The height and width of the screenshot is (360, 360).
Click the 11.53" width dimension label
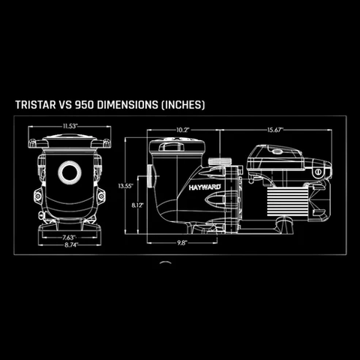[70, 126]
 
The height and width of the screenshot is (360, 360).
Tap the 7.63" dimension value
[69, 237]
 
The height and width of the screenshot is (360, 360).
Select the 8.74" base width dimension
[71, 244]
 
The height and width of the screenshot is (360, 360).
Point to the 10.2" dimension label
[183, 130]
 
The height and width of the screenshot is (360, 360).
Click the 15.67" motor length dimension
[275, 130]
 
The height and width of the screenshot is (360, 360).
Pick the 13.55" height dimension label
[126, 186]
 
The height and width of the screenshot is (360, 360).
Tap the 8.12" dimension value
[138, 205]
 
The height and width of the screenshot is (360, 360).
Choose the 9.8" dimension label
[182, 243]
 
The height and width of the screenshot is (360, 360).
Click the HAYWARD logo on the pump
[205, 187]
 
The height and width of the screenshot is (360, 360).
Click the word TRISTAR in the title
[35, 105]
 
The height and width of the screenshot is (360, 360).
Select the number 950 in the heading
[85, 105]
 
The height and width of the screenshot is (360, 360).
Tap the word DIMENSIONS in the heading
[127, 105]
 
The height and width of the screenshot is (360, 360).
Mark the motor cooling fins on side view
[287, 199]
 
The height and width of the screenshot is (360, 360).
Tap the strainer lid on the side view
[177, 145]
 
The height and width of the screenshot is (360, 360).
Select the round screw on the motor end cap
[317, 172]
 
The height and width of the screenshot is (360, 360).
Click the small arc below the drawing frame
[165, 262]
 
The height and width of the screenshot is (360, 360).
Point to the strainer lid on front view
[70, 141]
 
